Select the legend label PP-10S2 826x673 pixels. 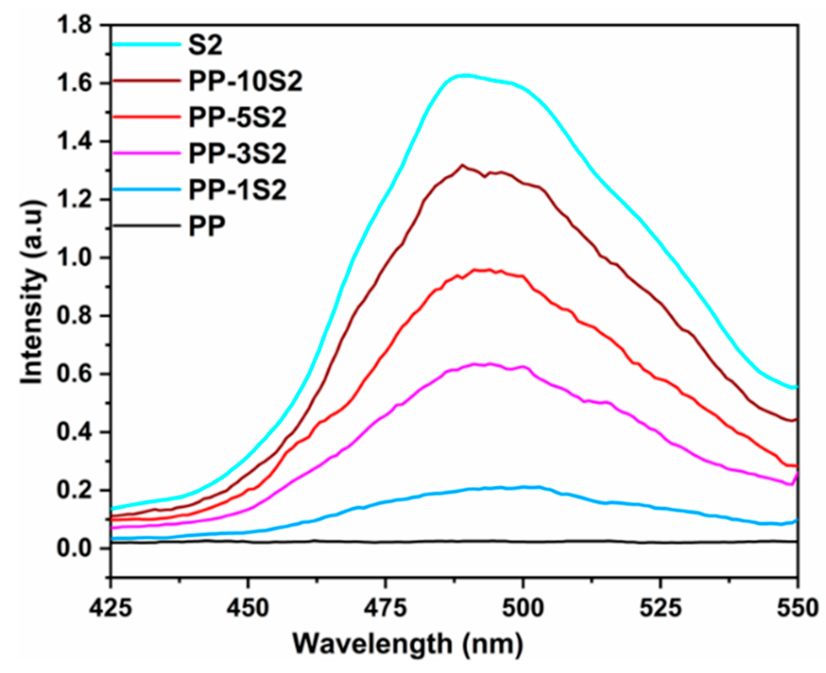pyautogui.click(x=245, y=82)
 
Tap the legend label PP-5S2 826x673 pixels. pyautogui.click(x=237, y=118)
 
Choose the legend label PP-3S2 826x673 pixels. pyautogui.click(x=237, y=154)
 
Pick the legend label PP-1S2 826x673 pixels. pyautogui.click(x=237, y=190)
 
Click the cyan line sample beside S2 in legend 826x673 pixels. pyautogui.click(x=147, y=45)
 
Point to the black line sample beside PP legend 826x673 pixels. pyautogui.click(x=147, y=225)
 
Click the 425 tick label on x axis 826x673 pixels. pyautogui.click(x=111, y=607)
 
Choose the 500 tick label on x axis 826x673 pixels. pyautogui.click(x=523, y=607)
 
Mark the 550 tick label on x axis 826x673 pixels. pyautogui.click(x=797, y=607)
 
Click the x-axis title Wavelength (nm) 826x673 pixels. pyautogui.click(x=408, y=644)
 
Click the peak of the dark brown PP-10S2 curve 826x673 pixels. pyautogui.click(x=462, y=165)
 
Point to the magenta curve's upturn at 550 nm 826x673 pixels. pyautogui.click(x=797, y=475)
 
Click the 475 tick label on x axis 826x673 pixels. pyautogui.click(x=385, y=607)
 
